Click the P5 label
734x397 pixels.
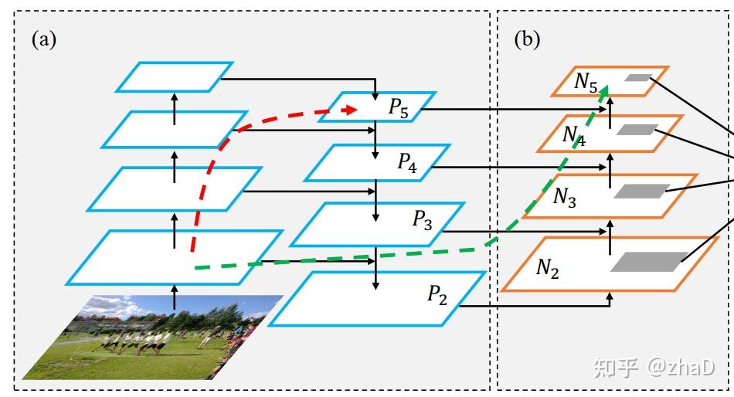(399, 108)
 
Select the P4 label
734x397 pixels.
(407, 163)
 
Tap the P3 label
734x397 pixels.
(422, 219)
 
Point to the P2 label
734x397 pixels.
(437, 295)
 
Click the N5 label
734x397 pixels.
(586, 83)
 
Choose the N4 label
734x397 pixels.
(574, 136)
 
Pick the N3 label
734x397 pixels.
(565, 197)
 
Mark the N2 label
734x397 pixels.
(547, 269)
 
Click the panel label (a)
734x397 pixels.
(44, 39)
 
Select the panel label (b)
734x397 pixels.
(527, 39)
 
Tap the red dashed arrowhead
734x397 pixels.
(350, 110)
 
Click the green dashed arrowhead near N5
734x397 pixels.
(604, 90)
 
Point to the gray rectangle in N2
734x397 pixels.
(649, 262)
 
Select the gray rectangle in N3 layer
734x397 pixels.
(641, 191)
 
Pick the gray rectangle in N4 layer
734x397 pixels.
(637, 130)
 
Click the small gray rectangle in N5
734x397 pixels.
(637, 78)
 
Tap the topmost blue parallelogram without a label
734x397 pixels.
(175, 76)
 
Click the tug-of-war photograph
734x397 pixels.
(153, 337)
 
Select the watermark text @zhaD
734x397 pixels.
(681, 367)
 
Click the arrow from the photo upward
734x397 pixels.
(175, 297)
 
